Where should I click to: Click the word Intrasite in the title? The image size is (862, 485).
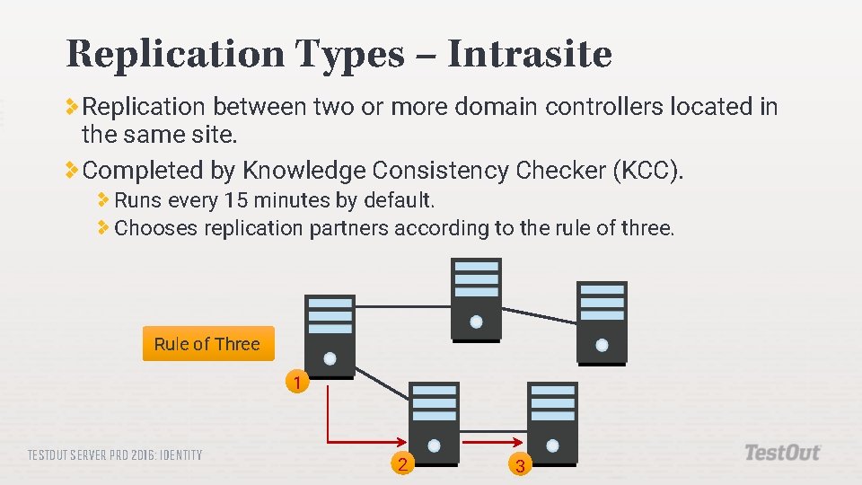[529, 55]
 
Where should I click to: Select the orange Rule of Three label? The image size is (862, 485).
[207, 344]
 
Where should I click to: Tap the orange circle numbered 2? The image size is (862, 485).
[403, 463]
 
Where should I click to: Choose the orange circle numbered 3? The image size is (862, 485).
[519, 465]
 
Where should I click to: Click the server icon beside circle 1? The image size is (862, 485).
[330, 332]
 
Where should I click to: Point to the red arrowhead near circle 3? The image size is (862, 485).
[517, 442]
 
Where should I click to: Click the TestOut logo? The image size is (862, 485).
[782, 453]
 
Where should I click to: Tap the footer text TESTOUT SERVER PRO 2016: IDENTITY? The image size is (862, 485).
[115, 455]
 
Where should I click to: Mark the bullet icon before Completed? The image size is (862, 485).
[72, 169]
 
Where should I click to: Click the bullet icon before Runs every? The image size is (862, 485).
[104, 199]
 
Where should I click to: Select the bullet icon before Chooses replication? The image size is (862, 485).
[104, 228]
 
